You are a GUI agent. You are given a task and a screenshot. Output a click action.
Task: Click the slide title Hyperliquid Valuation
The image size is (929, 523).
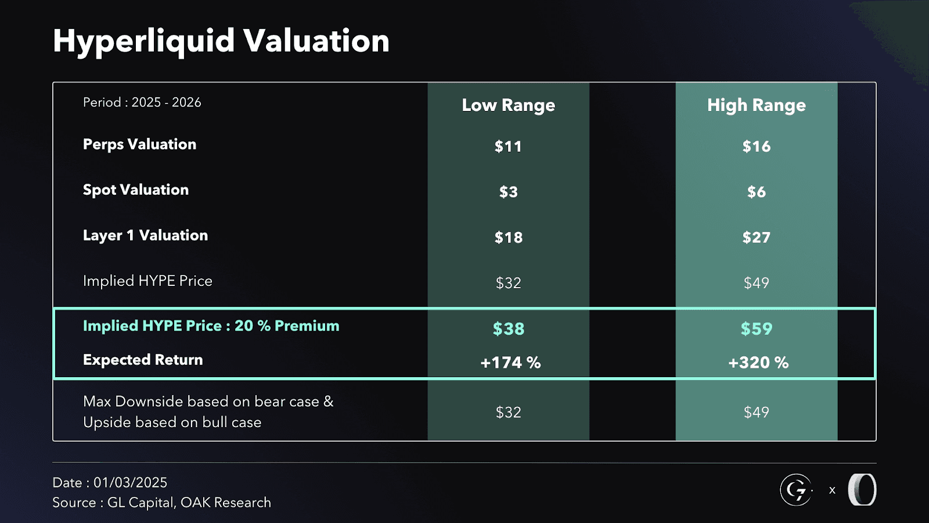221,41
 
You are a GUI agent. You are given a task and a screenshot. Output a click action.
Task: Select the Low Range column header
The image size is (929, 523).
508,105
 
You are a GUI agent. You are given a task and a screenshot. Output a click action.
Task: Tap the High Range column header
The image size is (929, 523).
756,105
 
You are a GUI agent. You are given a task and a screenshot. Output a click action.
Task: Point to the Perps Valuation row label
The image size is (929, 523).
139,144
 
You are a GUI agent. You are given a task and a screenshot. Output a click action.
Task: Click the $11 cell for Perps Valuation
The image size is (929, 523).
508,146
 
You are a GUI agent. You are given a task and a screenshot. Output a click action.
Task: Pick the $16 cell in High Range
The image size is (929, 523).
756,146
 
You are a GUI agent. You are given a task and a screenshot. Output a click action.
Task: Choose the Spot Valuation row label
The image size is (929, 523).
135,190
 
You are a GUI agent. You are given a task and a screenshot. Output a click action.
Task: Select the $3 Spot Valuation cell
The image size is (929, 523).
508,192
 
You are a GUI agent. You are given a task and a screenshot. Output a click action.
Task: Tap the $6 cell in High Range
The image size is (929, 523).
756,192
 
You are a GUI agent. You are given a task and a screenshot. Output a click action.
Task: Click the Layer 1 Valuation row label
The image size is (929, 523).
145,235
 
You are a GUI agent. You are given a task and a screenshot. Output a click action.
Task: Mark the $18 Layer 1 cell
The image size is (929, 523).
508,238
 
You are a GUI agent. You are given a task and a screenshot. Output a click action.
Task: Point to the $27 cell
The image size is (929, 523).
756,238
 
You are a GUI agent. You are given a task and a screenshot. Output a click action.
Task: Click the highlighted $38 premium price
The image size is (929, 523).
508,329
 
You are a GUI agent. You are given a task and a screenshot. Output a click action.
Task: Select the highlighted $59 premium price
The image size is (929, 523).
756,329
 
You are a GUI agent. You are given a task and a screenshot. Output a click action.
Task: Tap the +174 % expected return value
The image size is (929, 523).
510,363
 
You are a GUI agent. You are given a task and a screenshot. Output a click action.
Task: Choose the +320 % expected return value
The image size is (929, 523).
758,363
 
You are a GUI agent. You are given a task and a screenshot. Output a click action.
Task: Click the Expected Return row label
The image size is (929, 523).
143,360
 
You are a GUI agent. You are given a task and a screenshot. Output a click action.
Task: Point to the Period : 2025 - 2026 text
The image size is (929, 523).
142,102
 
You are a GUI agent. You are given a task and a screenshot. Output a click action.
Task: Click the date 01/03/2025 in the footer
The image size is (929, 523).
130,482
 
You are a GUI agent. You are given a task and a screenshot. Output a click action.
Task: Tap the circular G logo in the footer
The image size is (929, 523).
795,490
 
